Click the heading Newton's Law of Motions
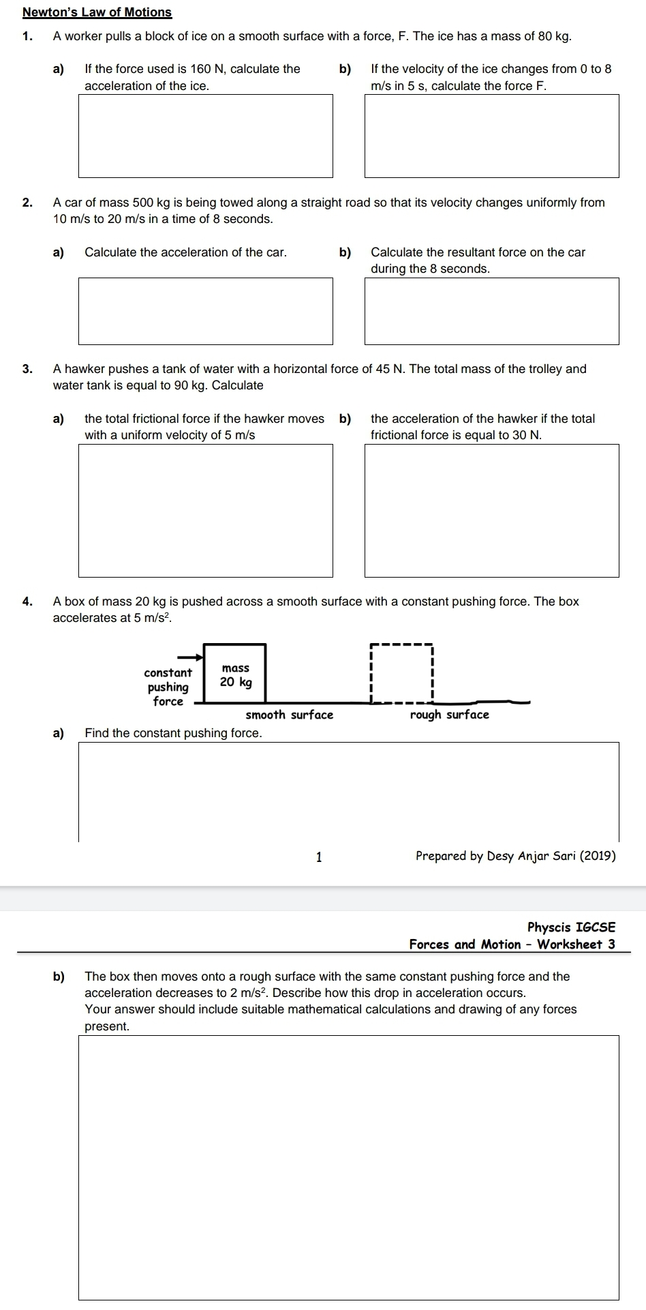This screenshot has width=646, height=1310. pyautogui.click(x=97, y=12)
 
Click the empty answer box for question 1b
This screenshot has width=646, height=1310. pyautogui.click(x=491, y=136)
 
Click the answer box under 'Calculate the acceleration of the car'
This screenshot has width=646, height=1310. pyautogui.click(x=205, y=310)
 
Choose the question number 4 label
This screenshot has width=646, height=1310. pyautogui.click(x=27, y=601)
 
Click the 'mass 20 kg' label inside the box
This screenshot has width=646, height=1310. pyautogui.click(x=236, y=675)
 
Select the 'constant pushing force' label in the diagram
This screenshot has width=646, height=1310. pyautogui.click(x=168, y=687)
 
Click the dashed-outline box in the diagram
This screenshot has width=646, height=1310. pyautogui.click(x=401, y=672)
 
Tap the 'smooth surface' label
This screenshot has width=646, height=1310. pyautogui.click(x=289, y=715)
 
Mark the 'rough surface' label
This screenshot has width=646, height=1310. pyautogui.click(x=449, y=715)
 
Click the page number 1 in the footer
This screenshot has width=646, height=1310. pyautogui.click(x=318, y=857)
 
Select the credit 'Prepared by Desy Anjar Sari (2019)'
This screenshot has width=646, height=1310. pyautogui.click(x=515, y=856)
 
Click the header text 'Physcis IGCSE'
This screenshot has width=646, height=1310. pyautogui.click(x=571, y=927)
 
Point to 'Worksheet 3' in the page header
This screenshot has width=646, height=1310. pyautogui.click(x=576, y=944)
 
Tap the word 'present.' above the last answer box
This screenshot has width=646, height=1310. pyautogui.click(x=106, y=1026)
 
